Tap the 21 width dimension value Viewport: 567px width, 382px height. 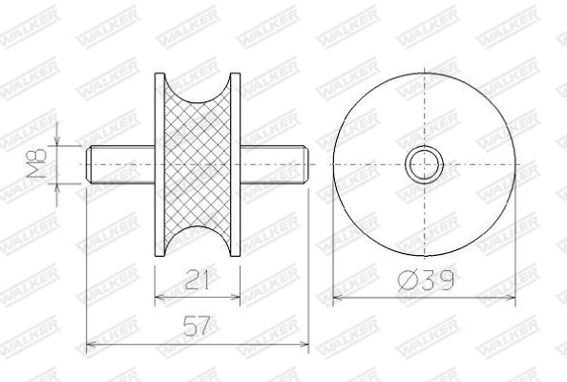197,280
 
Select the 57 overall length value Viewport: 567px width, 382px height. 197,326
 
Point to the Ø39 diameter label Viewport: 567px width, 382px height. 426,280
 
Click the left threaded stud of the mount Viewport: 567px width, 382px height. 120,164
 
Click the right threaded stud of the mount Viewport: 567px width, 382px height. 274,164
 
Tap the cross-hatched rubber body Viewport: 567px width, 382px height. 198,164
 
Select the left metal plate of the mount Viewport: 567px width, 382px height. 159,165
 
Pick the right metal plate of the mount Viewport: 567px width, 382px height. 236,165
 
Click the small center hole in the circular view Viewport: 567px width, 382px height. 424,164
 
